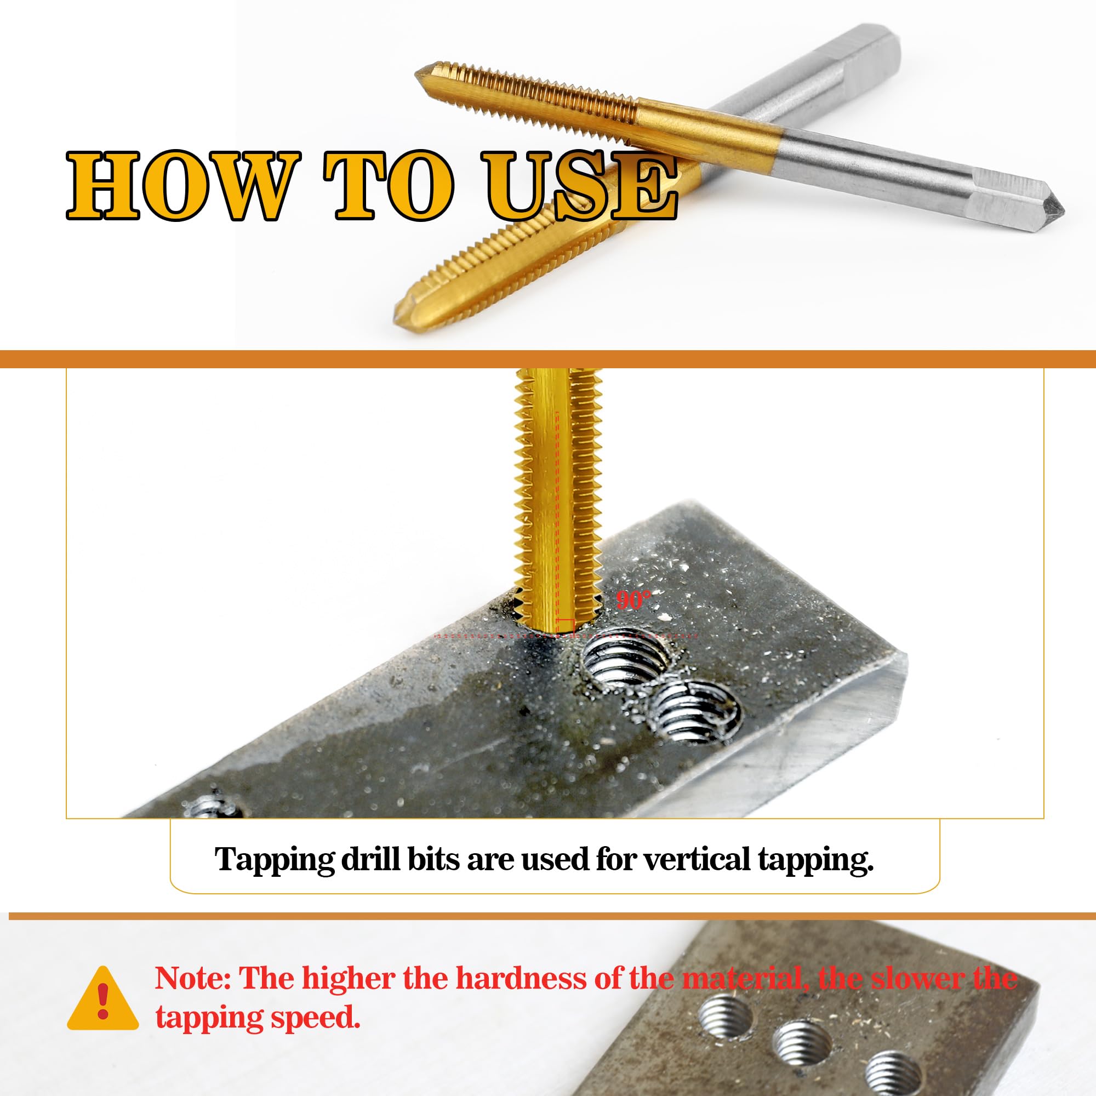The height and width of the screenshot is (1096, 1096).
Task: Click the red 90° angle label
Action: pos(633,600)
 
